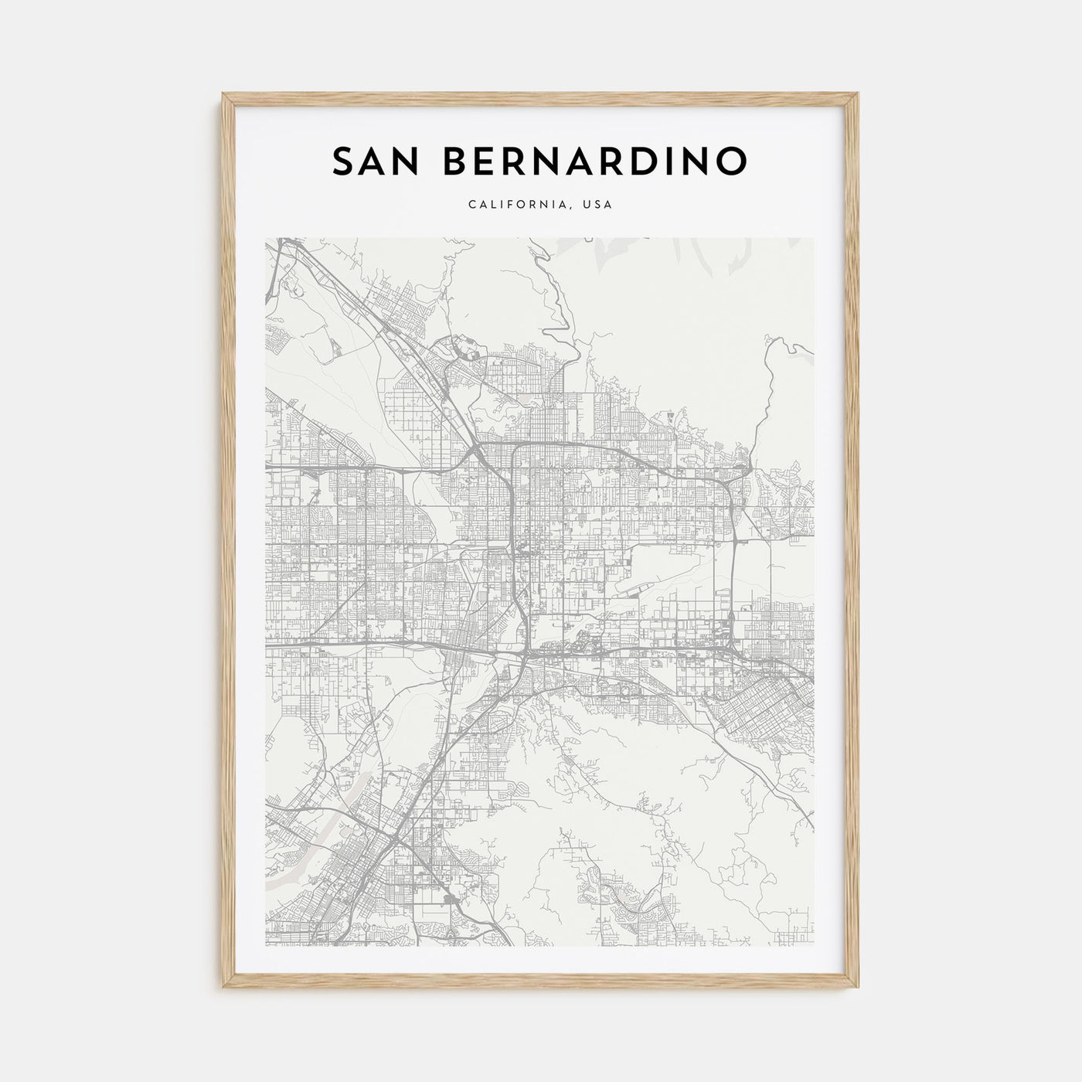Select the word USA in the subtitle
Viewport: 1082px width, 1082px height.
tap(598, 205)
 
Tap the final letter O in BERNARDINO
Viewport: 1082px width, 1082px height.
tap(733, 161)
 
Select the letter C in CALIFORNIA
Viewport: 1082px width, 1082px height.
tap(471, 205)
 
